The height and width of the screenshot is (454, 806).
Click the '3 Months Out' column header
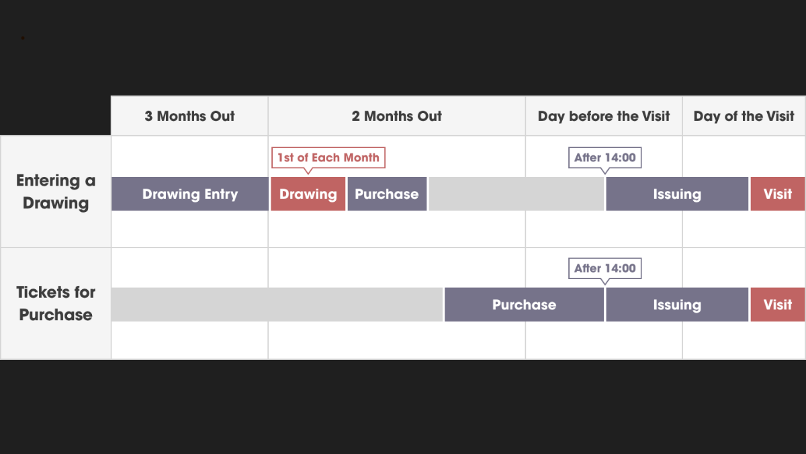coord(189,116)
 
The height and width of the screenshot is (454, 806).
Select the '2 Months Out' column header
coord(396,116)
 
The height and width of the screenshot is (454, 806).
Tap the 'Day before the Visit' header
coord(604,116)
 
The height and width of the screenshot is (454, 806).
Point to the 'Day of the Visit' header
coord(744,116)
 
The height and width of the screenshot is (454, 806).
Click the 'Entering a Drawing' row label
coord(56,192)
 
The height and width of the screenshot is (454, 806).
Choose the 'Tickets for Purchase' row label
coord(56,303)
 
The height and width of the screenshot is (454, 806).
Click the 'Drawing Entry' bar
coord(190,194)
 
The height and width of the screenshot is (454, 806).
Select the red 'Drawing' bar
coord(308,194)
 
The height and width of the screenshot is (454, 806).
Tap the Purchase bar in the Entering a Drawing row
coord(387,194)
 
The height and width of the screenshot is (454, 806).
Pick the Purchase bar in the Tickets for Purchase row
coord(525,305)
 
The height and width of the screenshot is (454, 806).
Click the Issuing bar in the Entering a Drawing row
coord(677,194)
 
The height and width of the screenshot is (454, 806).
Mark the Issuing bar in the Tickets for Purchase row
coord(677,305)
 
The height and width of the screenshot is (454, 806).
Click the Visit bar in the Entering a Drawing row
coord(778,194)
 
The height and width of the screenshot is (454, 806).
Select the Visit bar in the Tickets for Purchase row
coord(778,305)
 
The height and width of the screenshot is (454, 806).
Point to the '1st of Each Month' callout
coord(328,157)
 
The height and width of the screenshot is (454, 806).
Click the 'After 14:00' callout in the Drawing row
coord(605,157)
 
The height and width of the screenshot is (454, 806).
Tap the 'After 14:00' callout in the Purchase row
coord(605,268)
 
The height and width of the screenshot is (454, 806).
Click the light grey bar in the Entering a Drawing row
coord(517,194)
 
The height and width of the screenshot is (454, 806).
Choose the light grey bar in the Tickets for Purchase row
coord(277,305)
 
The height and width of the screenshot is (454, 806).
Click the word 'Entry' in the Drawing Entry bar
coord(221,194)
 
